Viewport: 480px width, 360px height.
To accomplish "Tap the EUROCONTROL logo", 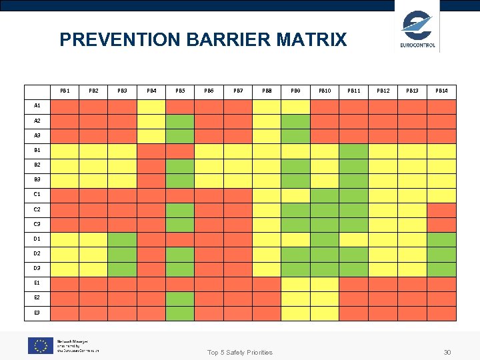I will point(417,29).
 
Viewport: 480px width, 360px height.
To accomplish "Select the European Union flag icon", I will point(40,345).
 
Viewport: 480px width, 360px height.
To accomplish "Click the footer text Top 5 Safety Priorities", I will point(240,352).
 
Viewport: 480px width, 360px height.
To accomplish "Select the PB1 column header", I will point(65,90).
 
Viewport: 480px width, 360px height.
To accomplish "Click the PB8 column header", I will point(267,90).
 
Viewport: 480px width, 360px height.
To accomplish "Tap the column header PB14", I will point(441,90).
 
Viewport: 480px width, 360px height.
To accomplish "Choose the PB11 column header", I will point(354,90).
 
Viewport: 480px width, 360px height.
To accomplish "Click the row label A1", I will point(37,106).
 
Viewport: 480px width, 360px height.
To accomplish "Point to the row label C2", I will point(37,209).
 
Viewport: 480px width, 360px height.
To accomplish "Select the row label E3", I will point(37,313).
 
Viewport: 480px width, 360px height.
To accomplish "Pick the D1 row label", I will point(37,239).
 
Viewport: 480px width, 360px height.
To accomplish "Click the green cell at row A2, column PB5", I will point(180,121).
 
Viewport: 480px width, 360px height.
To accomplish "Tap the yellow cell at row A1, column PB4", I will point(151,107).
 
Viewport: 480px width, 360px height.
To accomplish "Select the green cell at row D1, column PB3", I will point(122,239).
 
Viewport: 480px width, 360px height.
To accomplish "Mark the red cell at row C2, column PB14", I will point(441,210).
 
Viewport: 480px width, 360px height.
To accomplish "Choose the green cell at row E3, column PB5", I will point(180,313).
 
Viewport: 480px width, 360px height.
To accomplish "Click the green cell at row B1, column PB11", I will point(354,151).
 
